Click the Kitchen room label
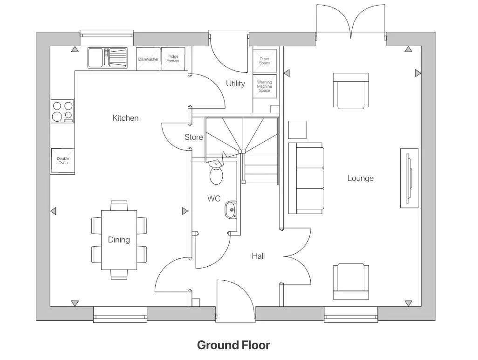pyautogui.click(x=125, y=118)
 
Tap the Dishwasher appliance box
pyautogui.click(x=148, y=59)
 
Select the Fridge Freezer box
pyautogui.click(x=173, y=59)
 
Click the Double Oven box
pyautogui.click(x=63, y=161)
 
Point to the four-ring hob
pyautogui.click(x=62, y=111)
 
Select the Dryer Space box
pyautogui.click(x=264, y=61)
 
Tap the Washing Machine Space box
pyautogui.click(x=264, y=86)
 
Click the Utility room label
pyautogui.click(x=235, y=84)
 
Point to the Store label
pyautogui.click(x=194, y=137)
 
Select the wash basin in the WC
pyautogui.click(x=231, y=210)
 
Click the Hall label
pyautogui.click(x=258, y=256)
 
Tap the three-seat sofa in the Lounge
pyautogui.click(x=307, y=178)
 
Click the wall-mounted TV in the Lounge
pyautogui.click(x=409, y=178)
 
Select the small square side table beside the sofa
pyautogui.click(x=297, y=130)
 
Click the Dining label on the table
pyautogui.click(x=119, y=240)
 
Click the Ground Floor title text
pyautogui.click(x=233, y=346)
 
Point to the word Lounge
pyautogui.click(x=360, y=179)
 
